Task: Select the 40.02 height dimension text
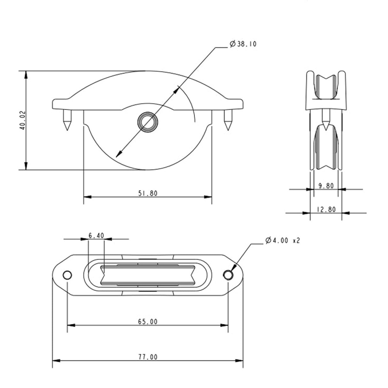pos(22,120)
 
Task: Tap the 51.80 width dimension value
pos(147,193)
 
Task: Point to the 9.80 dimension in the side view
pos(326,186)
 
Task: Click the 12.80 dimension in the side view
pos(326,209)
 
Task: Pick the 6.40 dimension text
pos(96,236)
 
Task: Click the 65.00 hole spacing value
pos(148,322)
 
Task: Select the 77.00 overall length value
pos(148,357)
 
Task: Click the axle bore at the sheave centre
pos(146,121)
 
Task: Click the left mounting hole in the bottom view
pos(67,275)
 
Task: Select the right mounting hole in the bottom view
pos(228,275)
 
